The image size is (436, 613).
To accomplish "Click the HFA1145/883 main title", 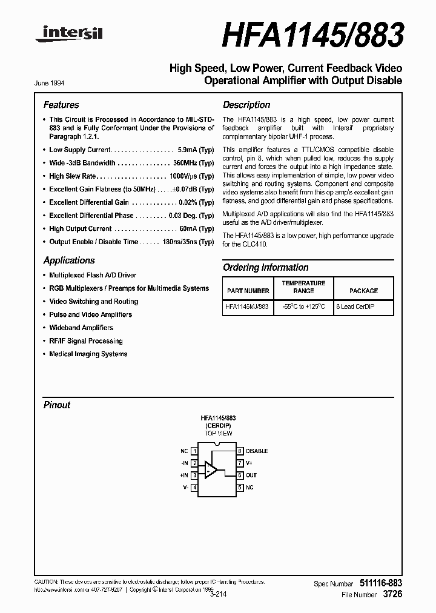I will pyautogui.click(x=312, y=36).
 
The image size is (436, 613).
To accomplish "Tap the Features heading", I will pyautogui.click(x=61, y=105).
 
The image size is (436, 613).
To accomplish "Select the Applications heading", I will pyautogui.click(x=69, y=260).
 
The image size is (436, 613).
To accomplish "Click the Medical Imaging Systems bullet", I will pyautogui.click(x=88, y=354).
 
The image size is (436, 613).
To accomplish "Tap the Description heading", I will pyautogui.click(x=246, y=105).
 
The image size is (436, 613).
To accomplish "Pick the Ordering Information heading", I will pyautogui.click(x=266, y=267).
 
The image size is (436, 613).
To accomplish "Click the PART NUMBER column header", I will pyautogui.click(x=247, y=291).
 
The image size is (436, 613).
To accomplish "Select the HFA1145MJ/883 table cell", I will pyautogui.click(x=247, y=307).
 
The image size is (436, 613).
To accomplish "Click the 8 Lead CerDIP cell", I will pyautogui.click(x=355, y=307).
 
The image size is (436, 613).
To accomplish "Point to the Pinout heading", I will pyautogui.click(x=57, y=405).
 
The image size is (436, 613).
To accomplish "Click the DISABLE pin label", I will pyautogui.click(x=257, y=451).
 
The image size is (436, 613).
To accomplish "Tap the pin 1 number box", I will pyautogui.click(x=194, y=451).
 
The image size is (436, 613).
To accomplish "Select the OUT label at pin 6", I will pyautogui.click(x=251, y=475).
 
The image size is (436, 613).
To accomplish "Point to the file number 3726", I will pyautogui.click(x=392, y=595).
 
